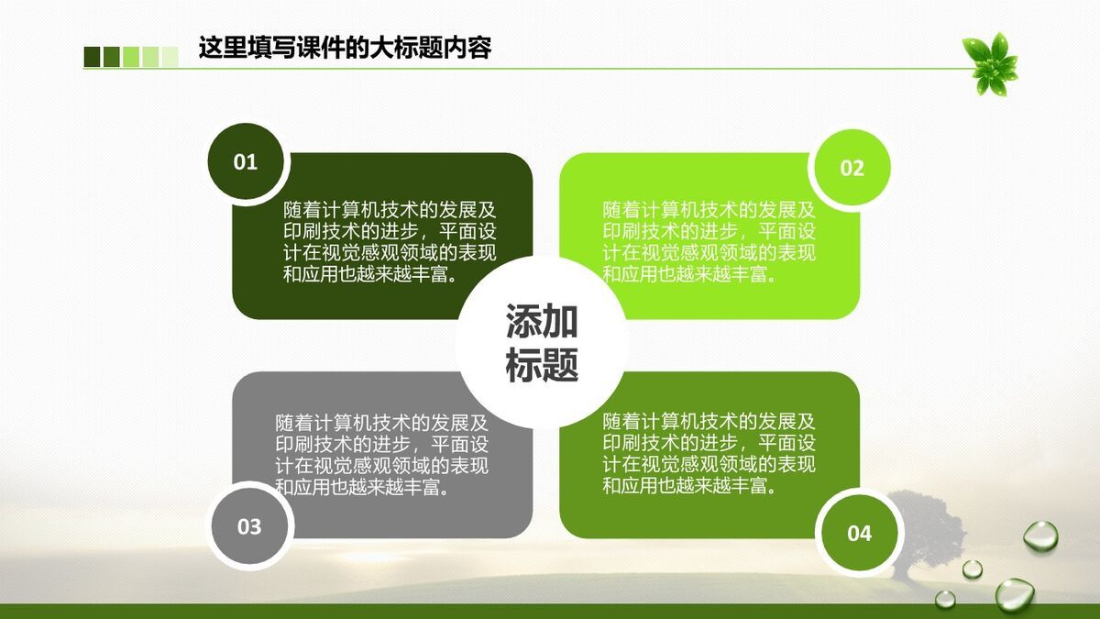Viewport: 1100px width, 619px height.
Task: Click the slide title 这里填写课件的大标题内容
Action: click(345, 48)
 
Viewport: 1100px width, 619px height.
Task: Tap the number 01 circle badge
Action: click(246, 163)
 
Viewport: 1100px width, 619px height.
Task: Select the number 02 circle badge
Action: click(852, 169)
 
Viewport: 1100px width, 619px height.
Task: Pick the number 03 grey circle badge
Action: click(249, 527)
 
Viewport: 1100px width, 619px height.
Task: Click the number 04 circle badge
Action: click(859, 534)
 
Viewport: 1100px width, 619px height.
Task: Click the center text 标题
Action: click(542, 365)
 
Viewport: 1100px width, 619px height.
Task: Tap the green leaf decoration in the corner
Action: click(991, 63)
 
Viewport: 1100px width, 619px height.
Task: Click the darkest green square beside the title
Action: click(92, 57)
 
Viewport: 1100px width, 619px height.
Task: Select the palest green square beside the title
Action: click(170, 57)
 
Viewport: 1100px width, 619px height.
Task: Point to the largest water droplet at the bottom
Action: click(1014, 594)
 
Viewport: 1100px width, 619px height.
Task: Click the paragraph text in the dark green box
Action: click(390, 242)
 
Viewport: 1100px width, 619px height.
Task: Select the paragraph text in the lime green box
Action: click(709, 242)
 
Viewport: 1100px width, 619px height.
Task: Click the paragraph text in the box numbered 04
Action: click(709, 454)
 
